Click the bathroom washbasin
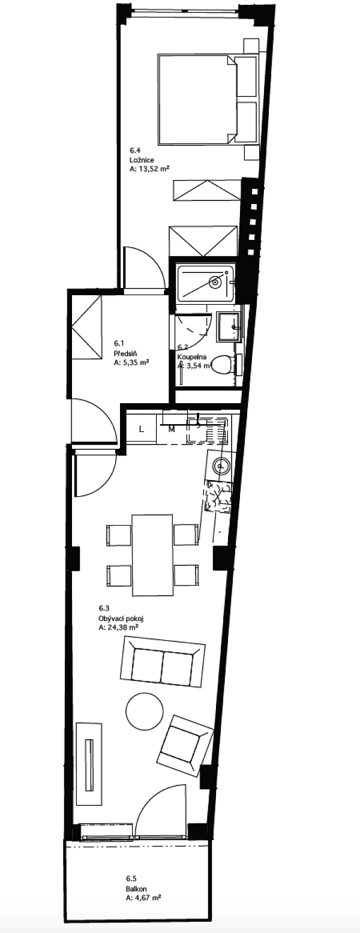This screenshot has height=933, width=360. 229,325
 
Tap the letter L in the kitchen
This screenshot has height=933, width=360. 141,429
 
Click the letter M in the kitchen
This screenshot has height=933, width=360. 171,429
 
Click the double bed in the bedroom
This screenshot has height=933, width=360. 208,99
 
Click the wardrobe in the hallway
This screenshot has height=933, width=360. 87,326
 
